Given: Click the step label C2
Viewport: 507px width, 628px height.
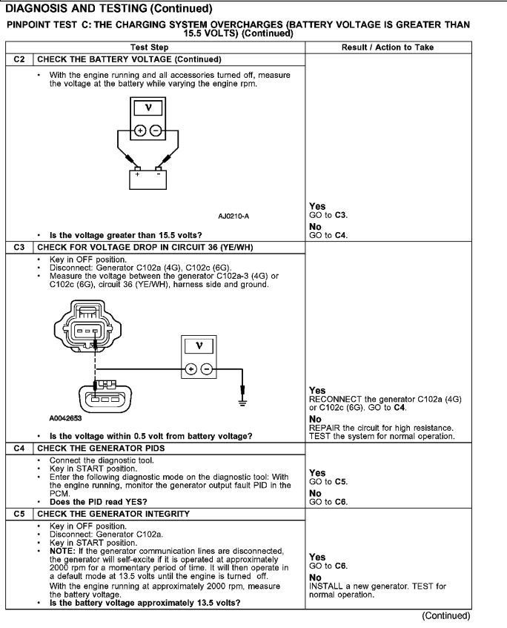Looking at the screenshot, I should [21, 59].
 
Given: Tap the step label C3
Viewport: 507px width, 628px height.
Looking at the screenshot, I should [21, 247].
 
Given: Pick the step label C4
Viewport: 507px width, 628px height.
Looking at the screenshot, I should [21, 448].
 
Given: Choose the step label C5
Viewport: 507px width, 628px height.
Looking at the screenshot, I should [21, 513].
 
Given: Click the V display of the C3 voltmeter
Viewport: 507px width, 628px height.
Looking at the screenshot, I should [198, 346].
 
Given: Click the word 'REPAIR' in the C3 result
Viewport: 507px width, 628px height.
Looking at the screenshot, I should [325, 428].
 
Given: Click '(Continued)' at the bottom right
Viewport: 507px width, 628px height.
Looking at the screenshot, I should [446, 615].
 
